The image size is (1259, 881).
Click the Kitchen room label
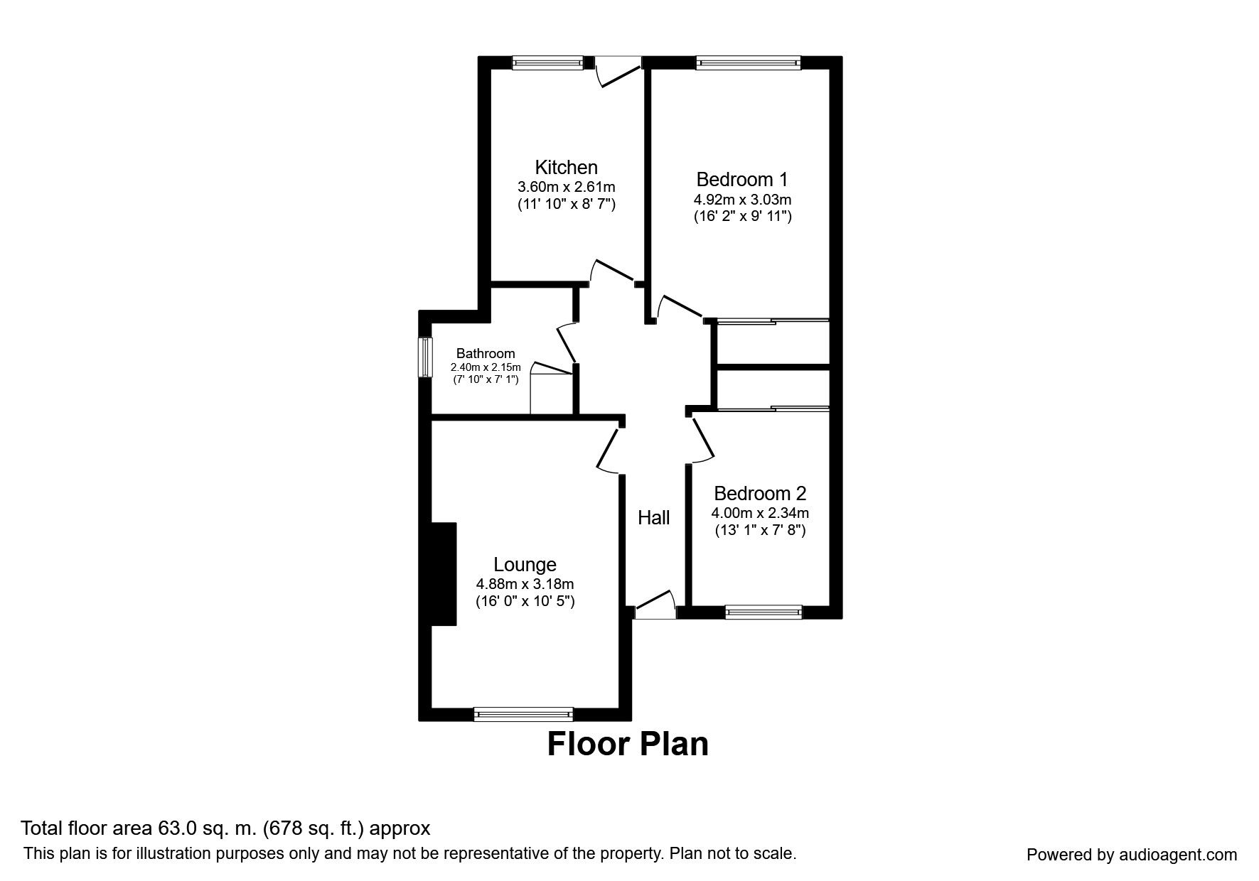coord(566,168)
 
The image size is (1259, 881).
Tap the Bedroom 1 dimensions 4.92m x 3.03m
coord(742,200)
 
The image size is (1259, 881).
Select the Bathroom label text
coord(486,353)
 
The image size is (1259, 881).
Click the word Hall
coord(653,518)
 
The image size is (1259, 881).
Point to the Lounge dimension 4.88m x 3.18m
coord(525,584)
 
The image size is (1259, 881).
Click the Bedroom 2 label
coord(760,493)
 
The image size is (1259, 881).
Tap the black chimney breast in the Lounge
coord(443,574)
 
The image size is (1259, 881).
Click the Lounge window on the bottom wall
coord(523,714)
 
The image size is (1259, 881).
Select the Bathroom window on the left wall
coord(424,357)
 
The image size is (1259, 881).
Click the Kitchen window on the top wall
coord(547,63)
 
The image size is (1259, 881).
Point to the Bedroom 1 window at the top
coord(748,63)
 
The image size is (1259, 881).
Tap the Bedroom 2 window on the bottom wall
coord(763,612)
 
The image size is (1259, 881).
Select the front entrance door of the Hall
coord(655,604)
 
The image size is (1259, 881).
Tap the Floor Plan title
coord(628,744)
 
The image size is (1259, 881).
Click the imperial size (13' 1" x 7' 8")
coord(760,530)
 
